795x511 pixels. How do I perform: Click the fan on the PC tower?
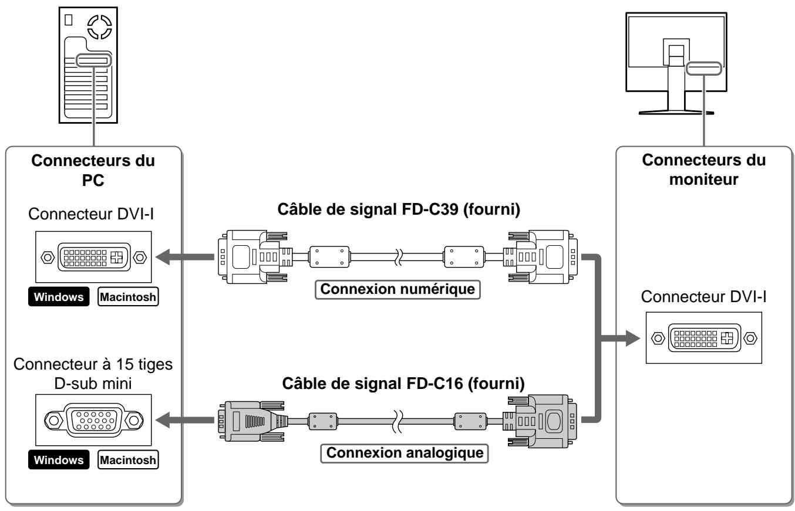(x=100, y=27)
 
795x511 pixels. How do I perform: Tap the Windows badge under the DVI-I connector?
(x=59, y=296)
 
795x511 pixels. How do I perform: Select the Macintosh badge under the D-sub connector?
(x=128, y=459)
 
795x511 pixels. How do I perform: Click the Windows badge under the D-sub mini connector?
(x=59, y=459)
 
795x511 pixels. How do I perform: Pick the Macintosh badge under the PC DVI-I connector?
(x=128, y=296)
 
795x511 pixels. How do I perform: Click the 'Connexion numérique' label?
(x=397, y=289)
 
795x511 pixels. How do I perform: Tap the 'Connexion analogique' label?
(x=405, y=453)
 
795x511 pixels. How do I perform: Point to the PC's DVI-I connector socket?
(x=94, y=257)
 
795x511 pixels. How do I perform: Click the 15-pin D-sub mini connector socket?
(x=94, y=420)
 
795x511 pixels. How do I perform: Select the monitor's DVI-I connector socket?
(x=704, y=338)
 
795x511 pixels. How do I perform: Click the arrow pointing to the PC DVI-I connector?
(x=185, y=257)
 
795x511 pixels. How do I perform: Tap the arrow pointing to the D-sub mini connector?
(x=185, y=420)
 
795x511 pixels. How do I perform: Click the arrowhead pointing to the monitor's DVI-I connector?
(x=632, y=338)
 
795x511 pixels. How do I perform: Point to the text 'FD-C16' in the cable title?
(x=434, y=383)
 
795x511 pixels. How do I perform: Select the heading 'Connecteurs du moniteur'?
(x=704, y=170)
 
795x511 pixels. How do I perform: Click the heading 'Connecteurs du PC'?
(x=93, y=170)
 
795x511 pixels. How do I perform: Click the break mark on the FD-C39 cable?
(x=399, y=257)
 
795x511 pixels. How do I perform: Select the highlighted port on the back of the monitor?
(x=704, y=69)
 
